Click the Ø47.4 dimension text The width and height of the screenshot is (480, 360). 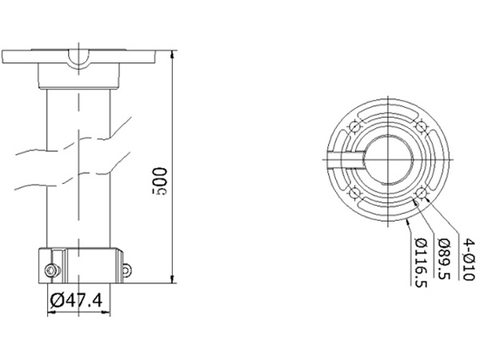(76, 300)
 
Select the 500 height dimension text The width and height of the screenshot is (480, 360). (160, 181)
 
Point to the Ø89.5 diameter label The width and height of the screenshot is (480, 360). (443, 258)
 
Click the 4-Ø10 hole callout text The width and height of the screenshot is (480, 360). (468, 259)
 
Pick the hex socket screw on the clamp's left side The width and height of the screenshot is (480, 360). (50, 270)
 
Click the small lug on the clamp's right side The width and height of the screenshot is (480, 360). (126, 270)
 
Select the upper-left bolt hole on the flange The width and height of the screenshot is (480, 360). (354, 126)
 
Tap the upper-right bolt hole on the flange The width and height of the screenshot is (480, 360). (422, 126)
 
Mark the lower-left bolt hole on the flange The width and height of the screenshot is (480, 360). (354, 193)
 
